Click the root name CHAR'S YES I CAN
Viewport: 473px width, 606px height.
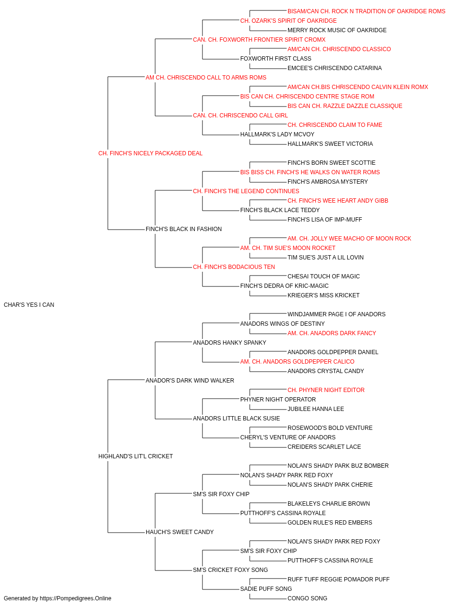(29, 305)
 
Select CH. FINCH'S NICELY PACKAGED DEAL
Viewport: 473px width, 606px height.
(150, 153)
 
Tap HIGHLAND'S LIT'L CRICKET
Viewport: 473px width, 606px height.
(135, 456)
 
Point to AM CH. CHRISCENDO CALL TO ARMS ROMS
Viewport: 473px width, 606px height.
(206, 78)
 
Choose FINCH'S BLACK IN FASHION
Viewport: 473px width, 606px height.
(184, 229)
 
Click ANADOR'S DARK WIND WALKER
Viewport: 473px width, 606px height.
(190, 380)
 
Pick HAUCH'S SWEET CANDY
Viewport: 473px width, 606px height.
(180, 532)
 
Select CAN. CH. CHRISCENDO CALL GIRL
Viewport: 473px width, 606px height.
(240, 116)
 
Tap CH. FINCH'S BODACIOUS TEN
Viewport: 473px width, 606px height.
(234, 267)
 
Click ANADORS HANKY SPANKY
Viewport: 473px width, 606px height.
(229, 343)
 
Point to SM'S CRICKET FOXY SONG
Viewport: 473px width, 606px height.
(230, 570)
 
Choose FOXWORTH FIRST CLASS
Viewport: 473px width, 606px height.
(276, 59)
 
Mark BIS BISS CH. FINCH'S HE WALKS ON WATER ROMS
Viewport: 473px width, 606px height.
(310, 172)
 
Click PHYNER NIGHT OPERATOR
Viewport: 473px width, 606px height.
(278, 400)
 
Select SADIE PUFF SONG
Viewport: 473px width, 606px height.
(266, 589)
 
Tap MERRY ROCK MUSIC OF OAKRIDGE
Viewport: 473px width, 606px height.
(337, 30)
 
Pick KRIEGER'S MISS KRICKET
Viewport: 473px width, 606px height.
(324, 295)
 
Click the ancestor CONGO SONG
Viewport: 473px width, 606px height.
(307, 598)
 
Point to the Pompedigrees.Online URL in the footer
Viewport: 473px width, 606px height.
(76, 598)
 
